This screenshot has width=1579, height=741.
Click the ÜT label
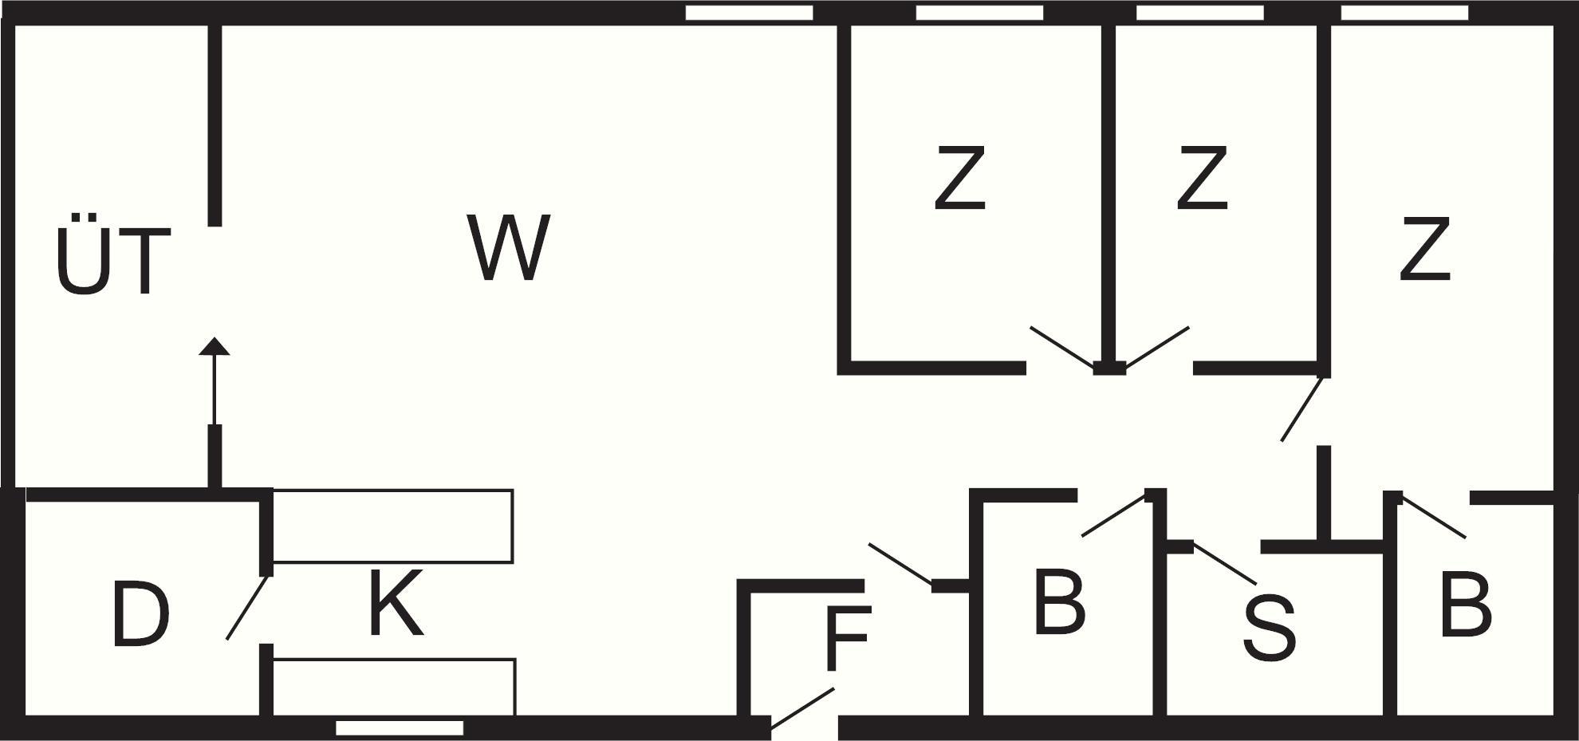113,255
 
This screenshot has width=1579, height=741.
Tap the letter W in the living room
509,247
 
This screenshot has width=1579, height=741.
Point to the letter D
141,613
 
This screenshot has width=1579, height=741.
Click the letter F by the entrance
847,638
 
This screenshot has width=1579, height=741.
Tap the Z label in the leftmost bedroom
959,178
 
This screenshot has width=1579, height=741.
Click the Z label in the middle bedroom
1202,178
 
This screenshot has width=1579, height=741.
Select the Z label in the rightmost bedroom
1424,250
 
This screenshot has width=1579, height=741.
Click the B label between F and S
1059,602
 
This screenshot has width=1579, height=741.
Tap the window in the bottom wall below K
399,727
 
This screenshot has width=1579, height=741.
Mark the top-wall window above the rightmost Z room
1404,13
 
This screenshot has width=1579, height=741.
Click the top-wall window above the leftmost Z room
979,13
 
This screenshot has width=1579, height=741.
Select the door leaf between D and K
247,608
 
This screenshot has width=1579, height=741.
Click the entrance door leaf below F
802,708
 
